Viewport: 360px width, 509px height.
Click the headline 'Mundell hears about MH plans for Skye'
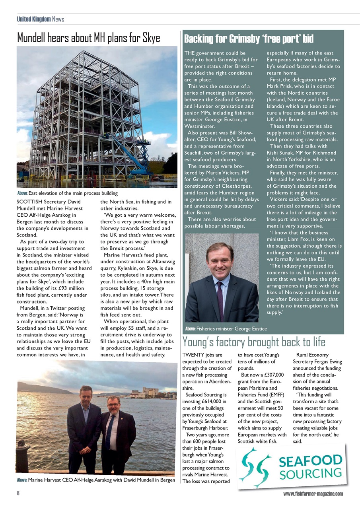click(x=88, y=38)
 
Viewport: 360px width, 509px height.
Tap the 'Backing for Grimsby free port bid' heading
click(x=249, y=39)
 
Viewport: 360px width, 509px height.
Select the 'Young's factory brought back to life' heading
click(x=253, y=342)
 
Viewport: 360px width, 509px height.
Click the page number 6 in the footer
click(x=18, y=493)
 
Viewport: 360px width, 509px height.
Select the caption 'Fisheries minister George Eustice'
click(x=226, y=329)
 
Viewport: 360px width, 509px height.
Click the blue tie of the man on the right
click(x=109, y=432)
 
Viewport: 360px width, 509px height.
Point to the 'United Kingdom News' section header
click(x=40, y=19)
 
